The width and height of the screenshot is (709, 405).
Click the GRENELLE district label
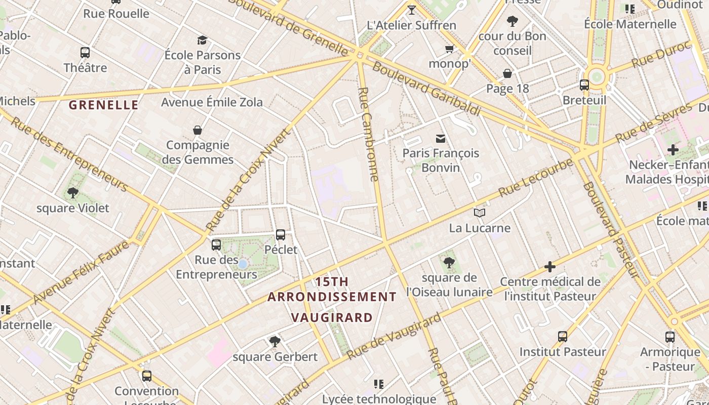tap(103, 105)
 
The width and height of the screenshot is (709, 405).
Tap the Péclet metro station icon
tap(281, 235)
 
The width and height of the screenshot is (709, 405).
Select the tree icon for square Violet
tap(73, 193)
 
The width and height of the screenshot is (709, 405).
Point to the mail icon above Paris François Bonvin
tap(441, 138)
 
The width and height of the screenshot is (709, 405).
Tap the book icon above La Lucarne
tap(480, 213)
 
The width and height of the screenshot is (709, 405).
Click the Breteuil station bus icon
tap(584, 85)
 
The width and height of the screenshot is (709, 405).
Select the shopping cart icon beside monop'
tap(449, 49)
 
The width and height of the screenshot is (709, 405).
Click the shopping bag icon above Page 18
tap(507, 74)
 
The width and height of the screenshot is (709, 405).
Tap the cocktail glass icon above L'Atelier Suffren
tap(411, 10)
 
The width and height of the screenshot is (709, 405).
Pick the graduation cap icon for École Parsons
tap(203, 40)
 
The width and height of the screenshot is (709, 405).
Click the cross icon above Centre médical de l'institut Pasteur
tap(550, 266)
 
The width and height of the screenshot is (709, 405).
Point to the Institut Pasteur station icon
tap(562, 337)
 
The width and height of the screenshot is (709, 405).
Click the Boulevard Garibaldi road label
tap(426, 89)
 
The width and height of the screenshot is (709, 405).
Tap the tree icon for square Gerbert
tap(275, 342)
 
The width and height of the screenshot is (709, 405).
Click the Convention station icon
tap(147, 376)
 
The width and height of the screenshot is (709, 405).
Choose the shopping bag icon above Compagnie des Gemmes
tap(198, 130)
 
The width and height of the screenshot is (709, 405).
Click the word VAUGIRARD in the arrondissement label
tap(332, 318)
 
